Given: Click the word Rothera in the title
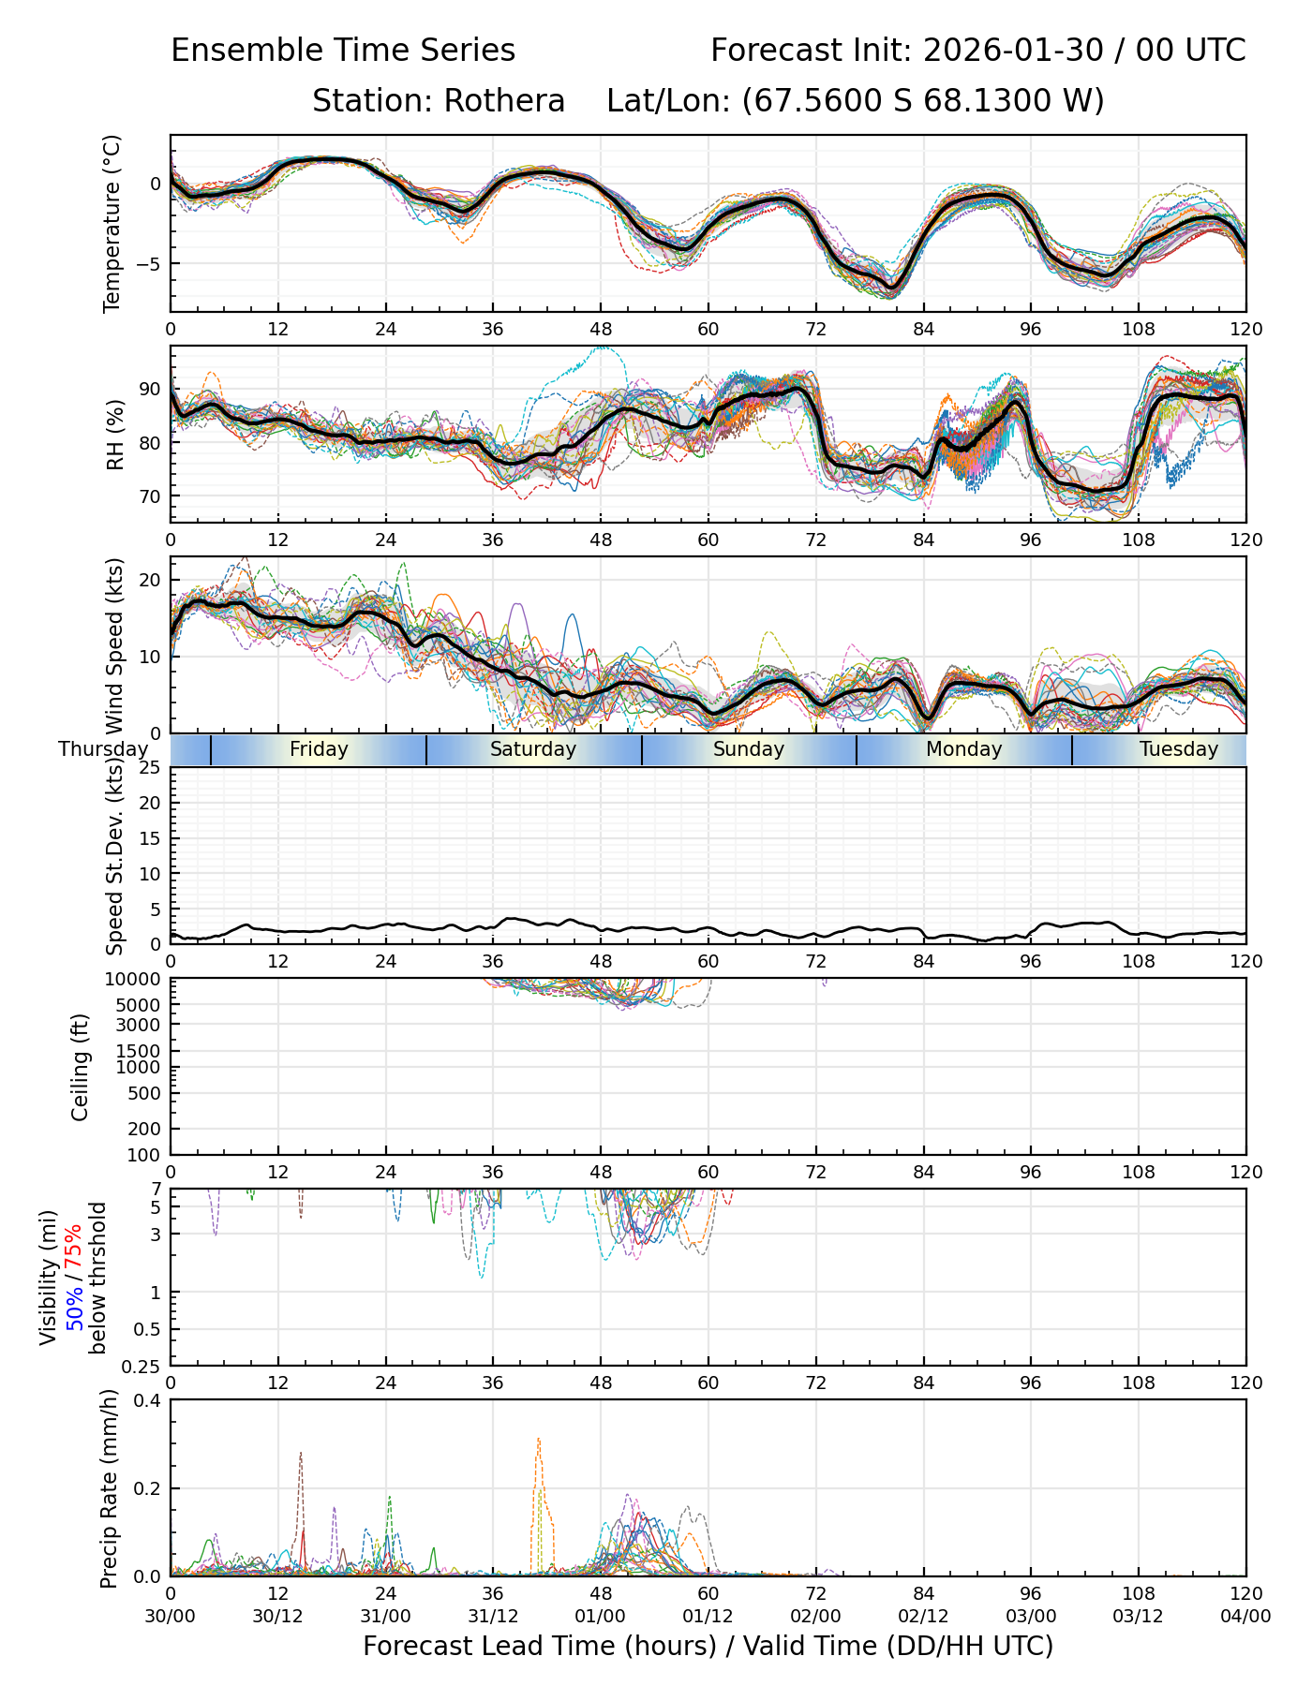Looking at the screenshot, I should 504,100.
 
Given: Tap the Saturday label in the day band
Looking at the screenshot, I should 533,749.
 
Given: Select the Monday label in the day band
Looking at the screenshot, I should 963,749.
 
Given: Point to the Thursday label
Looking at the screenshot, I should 103,749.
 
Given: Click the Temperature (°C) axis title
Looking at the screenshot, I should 112,223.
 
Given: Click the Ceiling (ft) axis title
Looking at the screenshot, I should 81,1067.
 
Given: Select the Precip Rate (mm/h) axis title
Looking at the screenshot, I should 110,1487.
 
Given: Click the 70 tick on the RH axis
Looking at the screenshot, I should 150,496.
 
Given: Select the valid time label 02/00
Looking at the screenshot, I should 815,1616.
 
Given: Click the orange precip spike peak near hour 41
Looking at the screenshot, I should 538,1439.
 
